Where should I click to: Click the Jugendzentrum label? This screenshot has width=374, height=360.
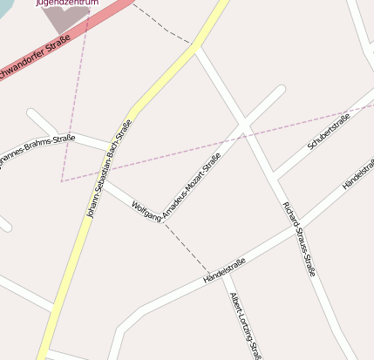pyautogui.click(x=67, y=3)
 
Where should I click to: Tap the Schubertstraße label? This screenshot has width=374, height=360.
pyautogui.click(x=329, y=132)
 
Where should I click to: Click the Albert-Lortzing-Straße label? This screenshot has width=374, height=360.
pyautogui.click(x=244, y=324)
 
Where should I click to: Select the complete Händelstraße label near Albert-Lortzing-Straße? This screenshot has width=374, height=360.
pyautogui.click(x=224, y=270)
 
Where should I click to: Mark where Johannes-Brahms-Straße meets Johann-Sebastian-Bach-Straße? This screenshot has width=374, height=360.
pyautogui.click(x=112, y=144)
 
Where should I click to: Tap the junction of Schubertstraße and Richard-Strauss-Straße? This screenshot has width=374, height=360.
pyautogui.click(x=273, y=175)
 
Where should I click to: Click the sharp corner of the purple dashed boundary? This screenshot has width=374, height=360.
pyautogui.click(x=62, y=180)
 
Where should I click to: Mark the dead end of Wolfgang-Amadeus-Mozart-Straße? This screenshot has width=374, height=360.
pyautogui.click(x=281, y=89)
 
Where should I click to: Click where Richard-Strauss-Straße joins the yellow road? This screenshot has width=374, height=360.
pyautogui.click(x=198, y=48)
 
